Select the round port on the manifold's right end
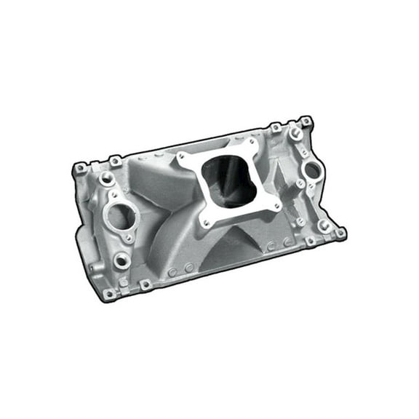(x=311, y=171)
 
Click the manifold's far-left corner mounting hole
(x=79, y=168)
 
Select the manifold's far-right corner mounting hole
(x=339, y=233)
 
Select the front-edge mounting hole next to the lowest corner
(x=145, y=284)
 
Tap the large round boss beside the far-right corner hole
(x=324, y=225)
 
